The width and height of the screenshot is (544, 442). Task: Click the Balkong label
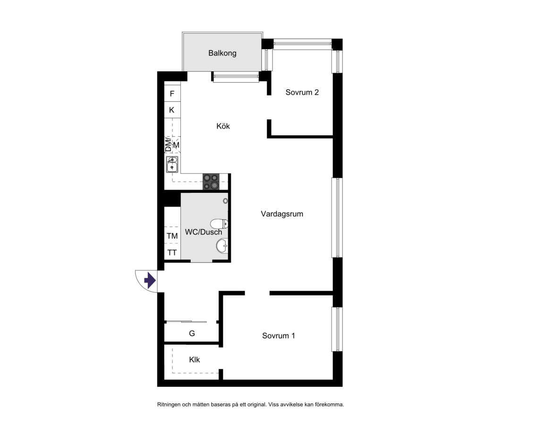pyautogui.click(x=222, y=53)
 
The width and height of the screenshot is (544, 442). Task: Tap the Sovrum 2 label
pyautogui.click(x=302, y=92)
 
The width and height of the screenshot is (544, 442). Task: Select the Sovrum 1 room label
pyautogui.click(x=279, y=336)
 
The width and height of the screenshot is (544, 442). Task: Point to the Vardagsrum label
pyautogui.click(x=282, y=214)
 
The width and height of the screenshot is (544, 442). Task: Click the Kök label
pyautogui.click(x=223, y=126)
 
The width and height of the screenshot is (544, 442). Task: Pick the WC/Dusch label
pyautogui.click(x=204, y=232)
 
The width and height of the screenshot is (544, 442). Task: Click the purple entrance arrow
pyautogui.click(x=150, y=280)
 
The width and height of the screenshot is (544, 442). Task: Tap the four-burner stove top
pyautogui.click(x=211, y=182)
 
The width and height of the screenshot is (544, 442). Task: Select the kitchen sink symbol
pyautogui.click(x=172, y=165)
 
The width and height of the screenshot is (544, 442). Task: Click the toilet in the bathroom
pyautogui.click(x=219, y=224)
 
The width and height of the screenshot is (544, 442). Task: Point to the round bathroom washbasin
pyautogui.click(x=222, y=246)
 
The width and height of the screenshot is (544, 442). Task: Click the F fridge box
pyautogui.click(x=172, y=94)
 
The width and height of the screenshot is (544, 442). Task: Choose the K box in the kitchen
pyautogui.click(x=172, y=110)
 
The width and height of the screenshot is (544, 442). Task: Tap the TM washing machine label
pyautogui.click(x=172, y=236)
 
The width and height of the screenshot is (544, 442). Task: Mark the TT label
pyautogui.click(x=172, y=253)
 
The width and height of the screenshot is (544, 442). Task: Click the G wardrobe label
pyautogui.click(x=192, y=334)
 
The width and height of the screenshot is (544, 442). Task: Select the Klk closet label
pyautogui.click(x=195, y=360)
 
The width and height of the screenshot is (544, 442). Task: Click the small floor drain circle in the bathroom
pyautogui.click(x=225, y=201)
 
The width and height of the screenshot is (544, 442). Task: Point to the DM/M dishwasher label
pyautogui.click(x=172, y=145)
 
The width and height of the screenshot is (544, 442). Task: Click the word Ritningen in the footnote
pyautogui.click(x=169, y=405)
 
